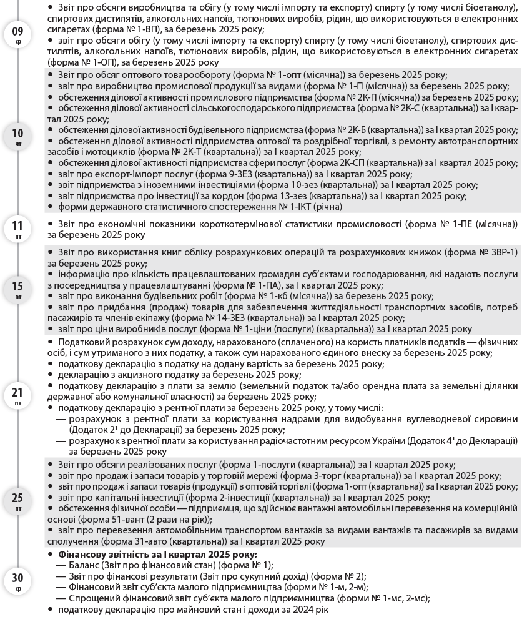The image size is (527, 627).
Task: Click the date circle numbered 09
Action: [17, 34]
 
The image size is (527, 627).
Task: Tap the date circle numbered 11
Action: [17, 229]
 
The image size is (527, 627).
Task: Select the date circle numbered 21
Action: [17, 396]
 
